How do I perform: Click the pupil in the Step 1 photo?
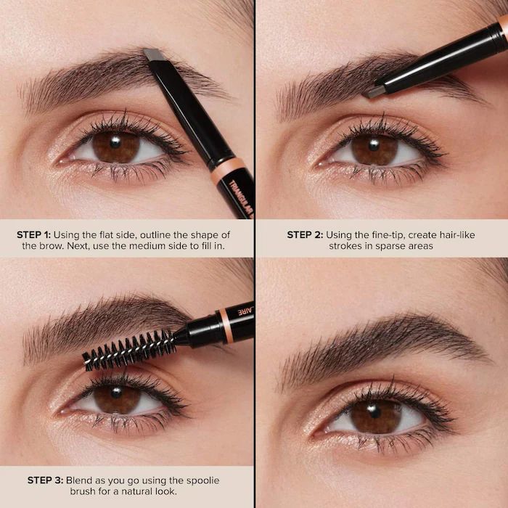(116, 147)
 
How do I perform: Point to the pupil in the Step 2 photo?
(374, 149)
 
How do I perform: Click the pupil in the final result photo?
(375, 416)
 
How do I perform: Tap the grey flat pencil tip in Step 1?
(153, 54)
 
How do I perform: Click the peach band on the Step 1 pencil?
(230, 169)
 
